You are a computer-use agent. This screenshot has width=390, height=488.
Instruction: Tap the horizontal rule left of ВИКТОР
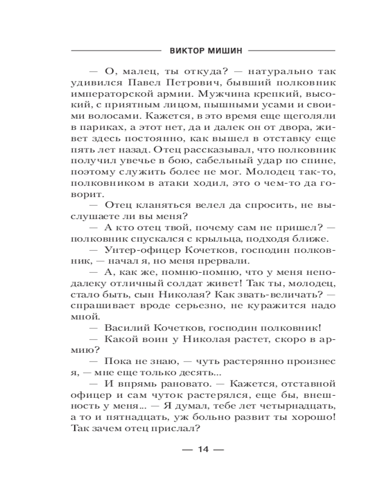(x=115, y=50)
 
